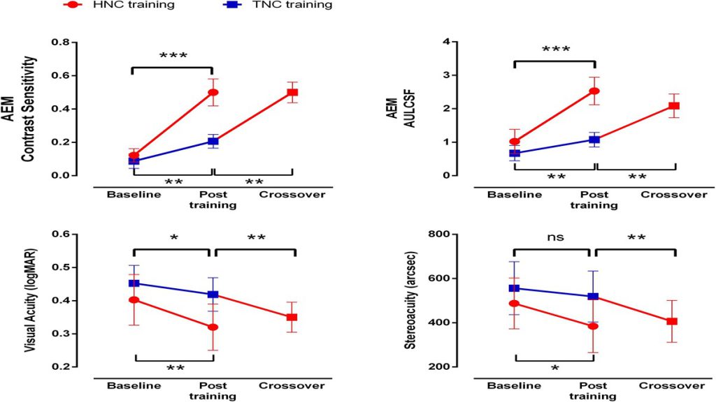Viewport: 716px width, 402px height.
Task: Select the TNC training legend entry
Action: click(278, 5)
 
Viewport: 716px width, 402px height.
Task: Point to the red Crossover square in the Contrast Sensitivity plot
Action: click(292, 93)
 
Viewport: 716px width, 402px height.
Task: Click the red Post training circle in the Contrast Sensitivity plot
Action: click(213, 93)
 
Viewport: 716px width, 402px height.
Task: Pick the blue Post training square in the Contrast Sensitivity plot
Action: click(213, 141)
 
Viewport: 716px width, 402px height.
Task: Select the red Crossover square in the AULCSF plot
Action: click(674, 106)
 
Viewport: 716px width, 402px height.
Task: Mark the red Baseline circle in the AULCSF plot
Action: click(515, 142)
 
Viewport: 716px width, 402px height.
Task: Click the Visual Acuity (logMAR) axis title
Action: click(29, 300)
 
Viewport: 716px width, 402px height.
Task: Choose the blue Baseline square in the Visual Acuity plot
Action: click(134, 283)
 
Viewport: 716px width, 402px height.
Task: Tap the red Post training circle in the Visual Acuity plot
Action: click(213, 327)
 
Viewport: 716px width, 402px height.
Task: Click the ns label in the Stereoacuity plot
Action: click(555, 237)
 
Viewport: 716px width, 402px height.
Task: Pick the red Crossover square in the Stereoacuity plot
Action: click(672, 321)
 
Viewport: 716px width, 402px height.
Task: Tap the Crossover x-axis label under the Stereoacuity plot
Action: click(672, 385)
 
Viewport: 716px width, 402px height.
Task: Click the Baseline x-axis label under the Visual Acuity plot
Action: click(134, 385)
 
